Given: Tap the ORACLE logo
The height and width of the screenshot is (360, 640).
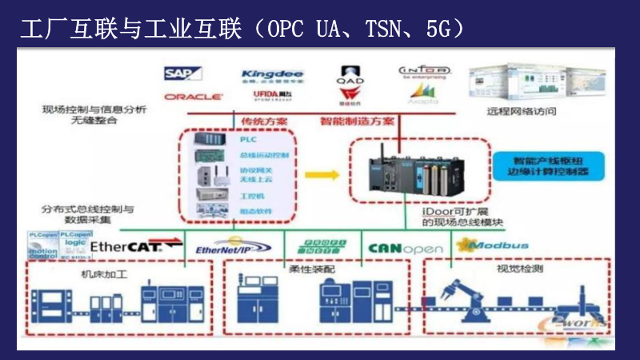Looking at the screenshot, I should (193, 97).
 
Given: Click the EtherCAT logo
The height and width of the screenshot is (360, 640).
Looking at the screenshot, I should (126, 246).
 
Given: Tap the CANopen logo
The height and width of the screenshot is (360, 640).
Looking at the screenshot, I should (405, 248).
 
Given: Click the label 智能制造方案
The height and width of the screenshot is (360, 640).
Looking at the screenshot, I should (357, 122).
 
